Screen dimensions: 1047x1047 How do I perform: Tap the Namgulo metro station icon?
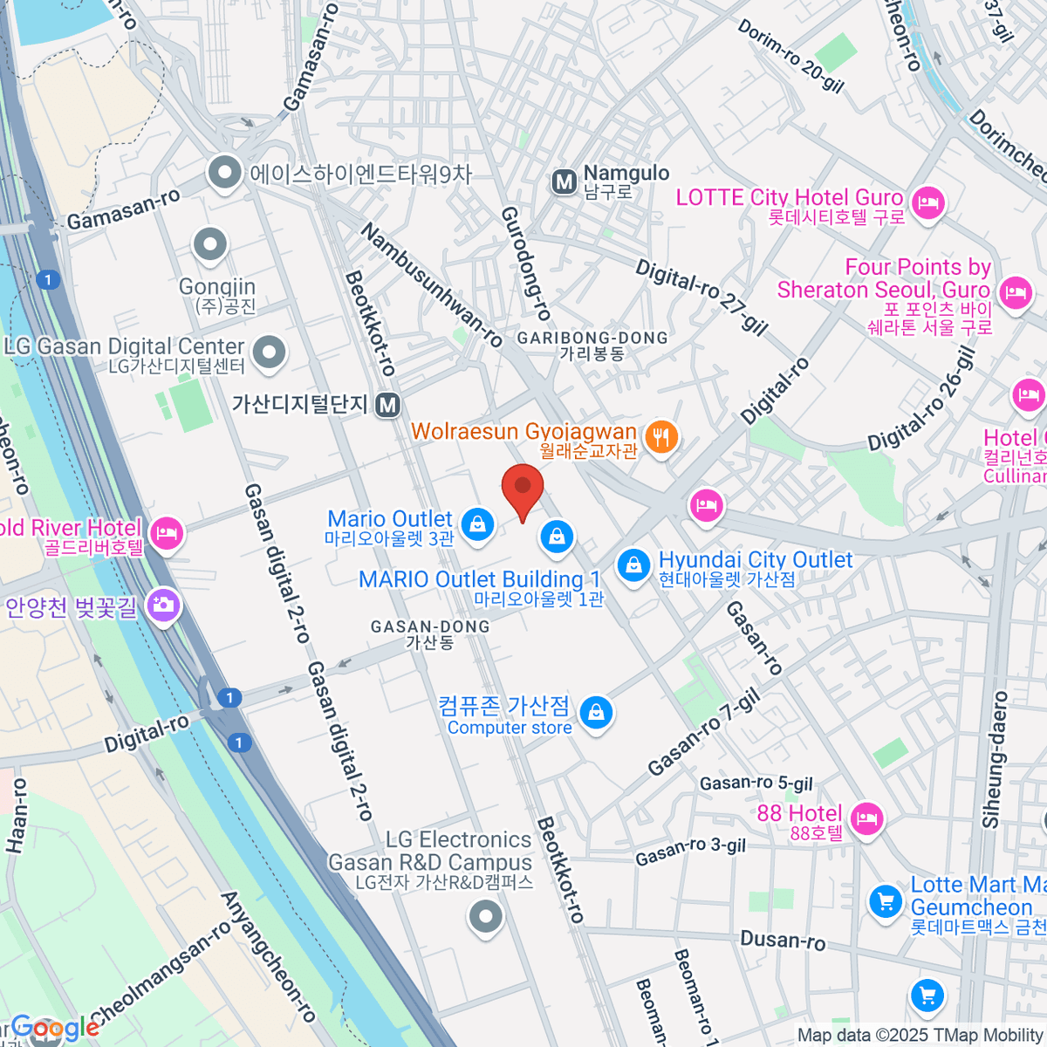[x=565, y=181]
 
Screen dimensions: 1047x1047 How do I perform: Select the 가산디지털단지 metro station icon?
[x=388, y=405]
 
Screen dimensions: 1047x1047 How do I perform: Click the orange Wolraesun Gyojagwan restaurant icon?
[x=661, y=437]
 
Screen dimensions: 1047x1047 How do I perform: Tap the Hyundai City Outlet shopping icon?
[x=633, y=565]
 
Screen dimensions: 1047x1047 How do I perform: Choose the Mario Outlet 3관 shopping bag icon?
[x=477, y=524]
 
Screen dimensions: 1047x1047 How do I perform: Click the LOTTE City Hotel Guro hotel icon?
[x=927, y=204]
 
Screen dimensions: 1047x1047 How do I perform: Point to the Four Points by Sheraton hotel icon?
[x=1015, y=291]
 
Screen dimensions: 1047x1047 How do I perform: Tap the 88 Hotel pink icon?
[x=866, y=818]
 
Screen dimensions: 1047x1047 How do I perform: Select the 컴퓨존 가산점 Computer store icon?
[x=596, y=713]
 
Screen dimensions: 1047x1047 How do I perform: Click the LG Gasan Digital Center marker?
[x=269, y=352]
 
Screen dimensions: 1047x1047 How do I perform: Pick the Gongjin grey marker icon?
[x=210, y=245]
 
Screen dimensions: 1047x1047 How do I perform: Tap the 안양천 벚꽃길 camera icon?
[x=163, y=603]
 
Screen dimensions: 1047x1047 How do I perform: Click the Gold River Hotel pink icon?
[x=167, y=532]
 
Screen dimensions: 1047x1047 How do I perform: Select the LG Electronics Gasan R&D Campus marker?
[x=486, y=917]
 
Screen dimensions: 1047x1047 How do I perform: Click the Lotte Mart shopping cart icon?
[x=886, y=901]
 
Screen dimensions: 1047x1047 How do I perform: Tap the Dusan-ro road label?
[x=783, y=940]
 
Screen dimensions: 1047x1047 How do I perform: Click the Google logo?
[x=54, y=1029]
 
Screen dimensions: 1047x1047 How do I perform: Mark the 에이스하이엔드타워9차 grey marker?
[x=226, y=172]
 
